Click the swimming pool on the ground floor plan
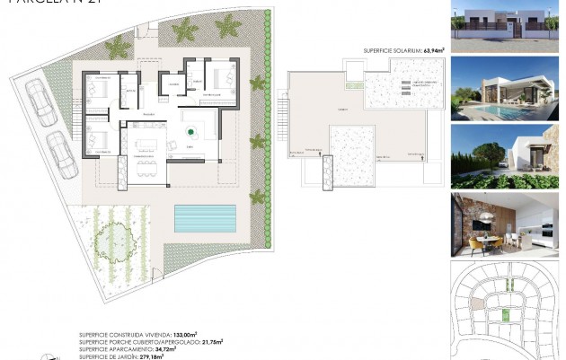coord(206,217)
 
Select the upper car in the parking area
coord(40,100)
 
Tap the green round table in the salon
coord(190,132)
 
